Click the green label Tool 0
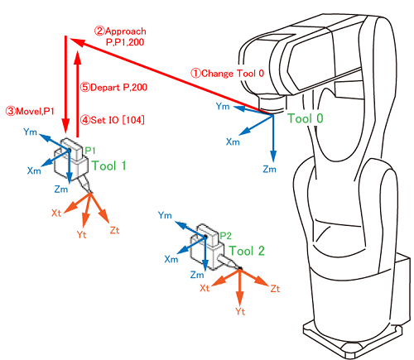[306, 118]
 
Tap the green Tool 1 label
[108, 166]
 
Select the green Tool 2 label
[247, 251]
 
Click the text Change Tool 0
[228, 74]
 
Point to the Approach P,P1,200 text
[120, 36]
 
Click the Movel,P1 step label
[30, 111]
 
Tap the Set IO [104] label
[113, 120]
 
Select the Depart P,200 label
[113, 88]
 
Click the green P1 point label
[90, 151]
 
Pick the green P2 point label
[225, 236]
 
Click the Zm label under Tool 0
[269, 169]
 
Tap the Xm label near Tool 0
[233, 142]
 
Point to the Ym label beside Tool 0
[223, 106]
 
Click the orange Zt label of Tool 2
[275, 289]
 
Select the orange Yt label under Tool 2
[240, 311]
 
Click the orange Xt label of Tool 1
[56, 213]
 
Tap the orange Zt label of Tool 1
[114, 230]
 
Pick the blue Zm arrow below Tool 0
[273, 138]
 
